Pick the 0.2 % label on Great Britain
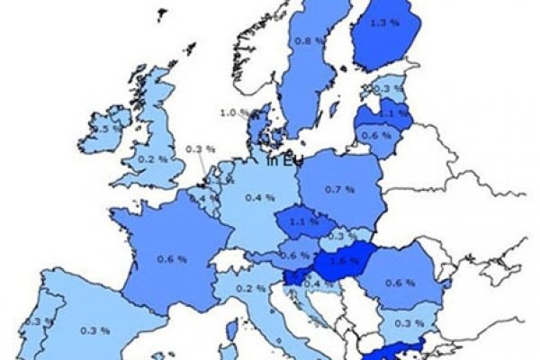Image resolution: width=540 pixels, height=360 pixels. (147, 158)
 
